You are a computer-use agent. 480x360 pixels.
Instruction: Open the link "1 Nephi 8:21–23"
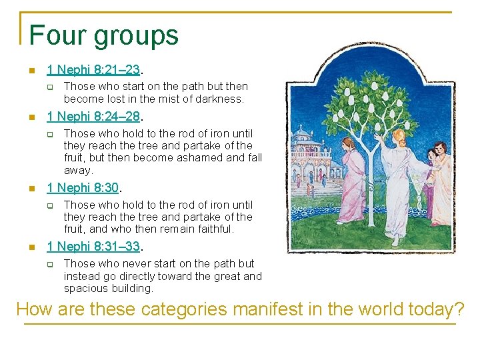(x=94, y=69)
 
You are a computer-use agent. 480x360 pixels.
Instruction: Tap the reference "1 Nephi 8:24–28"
(x=94, y=117)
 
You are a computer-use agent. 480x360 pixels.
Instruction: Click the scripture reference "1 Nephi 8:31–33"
(x=94, y=246)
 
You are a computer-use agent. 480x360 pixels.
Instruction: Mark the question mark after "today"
(x=458, y=309)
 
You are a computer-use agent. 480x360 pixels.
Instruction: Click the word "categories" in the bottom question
(x=187, y=309)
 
